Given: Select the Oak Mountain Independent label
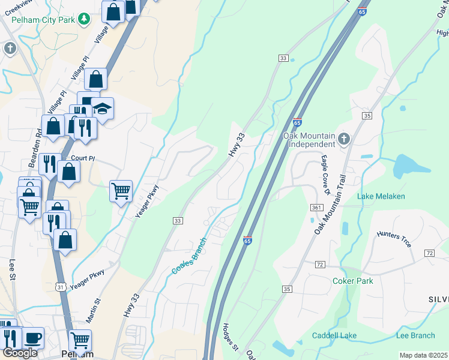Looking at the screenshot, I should [x=309, y=140].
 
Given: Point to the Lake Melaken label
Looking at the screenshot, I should [x=381, y=196].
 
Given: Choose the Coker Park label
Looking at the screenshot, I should [x=352, y=281].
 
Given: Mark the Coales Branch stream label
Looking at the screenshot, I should [x=190, y=257].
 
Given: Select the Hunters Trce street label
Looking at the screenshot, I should [x=394, y=238].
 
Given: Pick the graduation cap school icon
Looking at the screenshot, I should [x=103, y=109].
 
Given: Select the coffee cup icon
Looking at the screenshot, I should [x=33, y=338].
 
